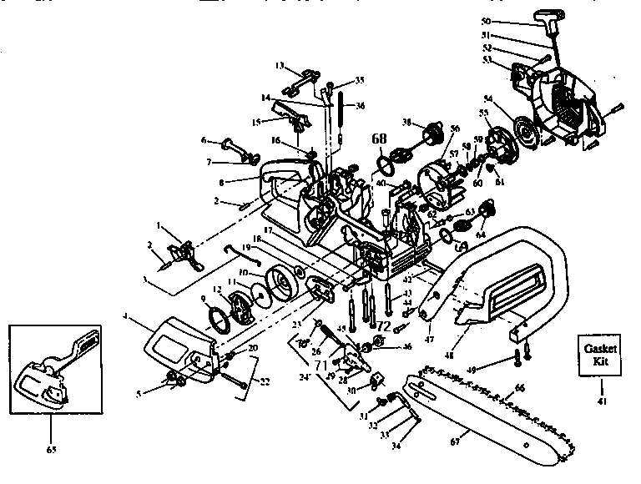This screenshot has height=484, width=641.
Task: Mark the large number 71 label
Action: [x=319, y=365]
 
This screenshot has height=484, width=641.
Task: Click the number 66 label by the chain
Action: [x=519, y=387]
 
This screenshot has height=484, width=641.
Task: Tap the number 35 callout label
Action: [x=360, y=80]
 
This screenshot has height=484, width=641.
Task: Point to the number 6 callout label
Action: [x=203, y=140]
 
